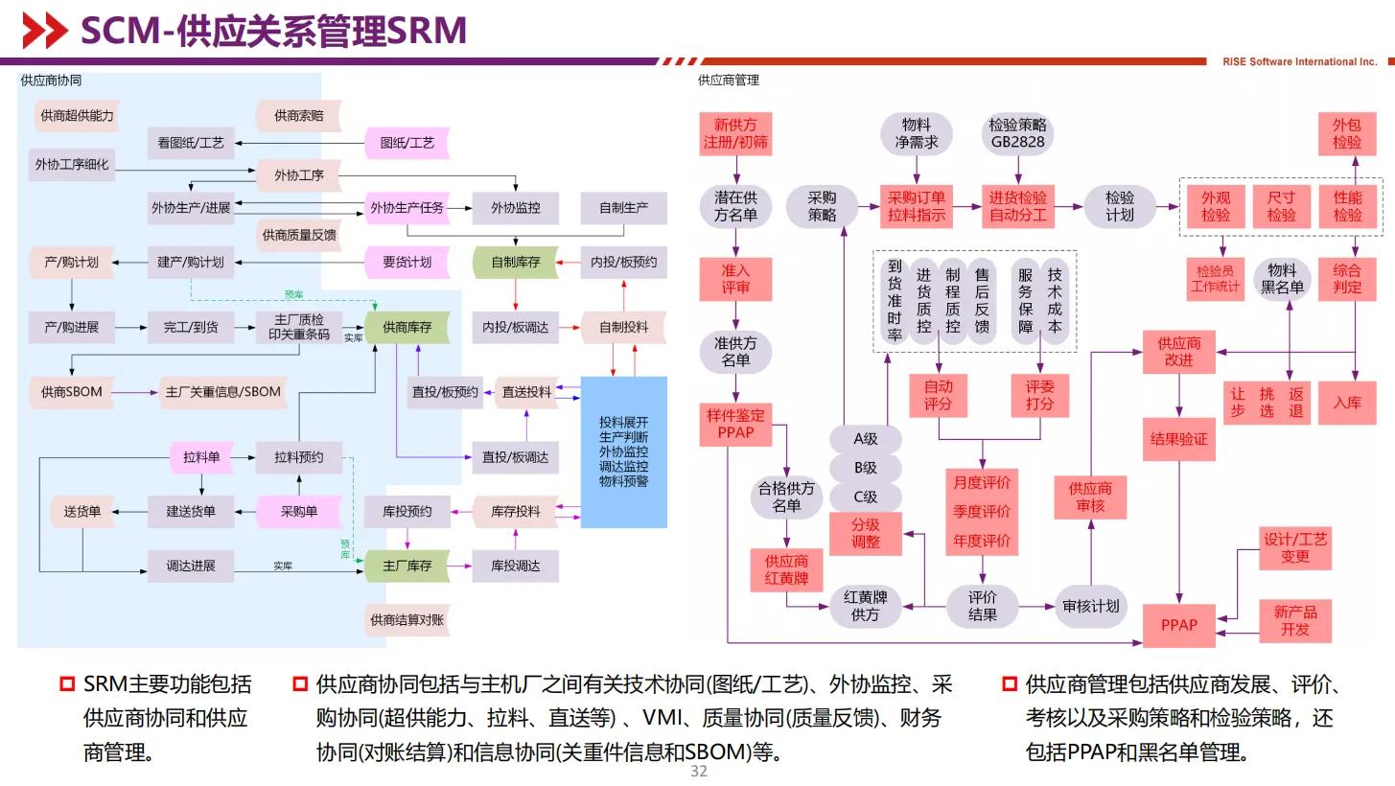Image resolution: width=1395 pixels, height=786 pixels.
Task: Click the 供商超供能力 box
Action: coord(77,116)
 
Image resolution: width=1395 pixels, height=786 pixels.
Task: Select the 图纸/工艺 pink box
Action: coord(407,143)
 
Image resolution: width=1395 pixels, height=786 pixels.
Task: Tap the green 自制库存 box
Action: coord(515,262)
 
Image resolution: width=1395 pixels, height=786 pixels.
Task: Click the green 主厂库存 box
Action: coord(407,566)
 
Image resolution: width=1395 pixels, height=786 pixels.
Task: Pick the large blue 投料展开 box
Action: coord(623,451)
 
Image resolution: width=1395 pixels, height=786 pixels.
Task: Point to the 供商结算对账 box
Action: coord(407,620)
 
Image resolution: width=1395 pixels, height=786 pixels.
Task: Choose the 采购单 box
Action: coord(298,512)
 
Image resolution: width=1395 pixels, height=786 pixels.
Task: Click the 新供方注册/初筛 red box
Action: coord(735,134)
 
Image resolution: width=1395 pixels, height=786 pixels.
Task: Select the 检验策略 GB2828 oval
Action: coord(1017,134)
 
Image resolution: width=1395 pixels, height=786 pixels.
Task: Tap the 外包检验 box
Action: coord(1346,134)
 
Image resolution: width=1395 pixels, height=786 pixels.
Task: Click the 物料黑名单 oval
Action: coord(1282,278)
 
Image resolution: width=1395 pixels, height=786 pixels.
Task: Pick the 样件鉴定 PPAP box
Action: coord(735,424)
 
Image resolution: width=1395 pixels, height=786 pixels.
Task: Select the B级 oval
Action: coord(866,469)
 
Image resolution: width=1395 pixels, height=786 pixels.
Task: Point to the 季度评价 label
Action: coord(982,512)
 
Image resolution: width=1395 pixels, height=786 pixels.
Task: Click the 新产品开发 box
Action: coord(1294,620)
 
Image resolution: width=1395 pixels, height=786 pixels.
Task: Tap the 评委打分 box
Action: coord(1040,395)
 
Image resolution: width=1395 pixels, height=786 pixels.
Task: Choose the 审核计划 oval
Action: coord(1090,606)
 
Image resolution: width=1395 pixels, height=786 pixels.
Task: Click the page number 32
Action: coord(698,772)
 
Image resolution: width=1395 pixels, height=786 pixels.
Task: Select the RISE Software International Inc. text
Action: coord(1299,62)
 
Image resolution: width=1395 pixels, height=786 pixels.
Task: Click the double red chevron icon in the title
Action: coord(44,32)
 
